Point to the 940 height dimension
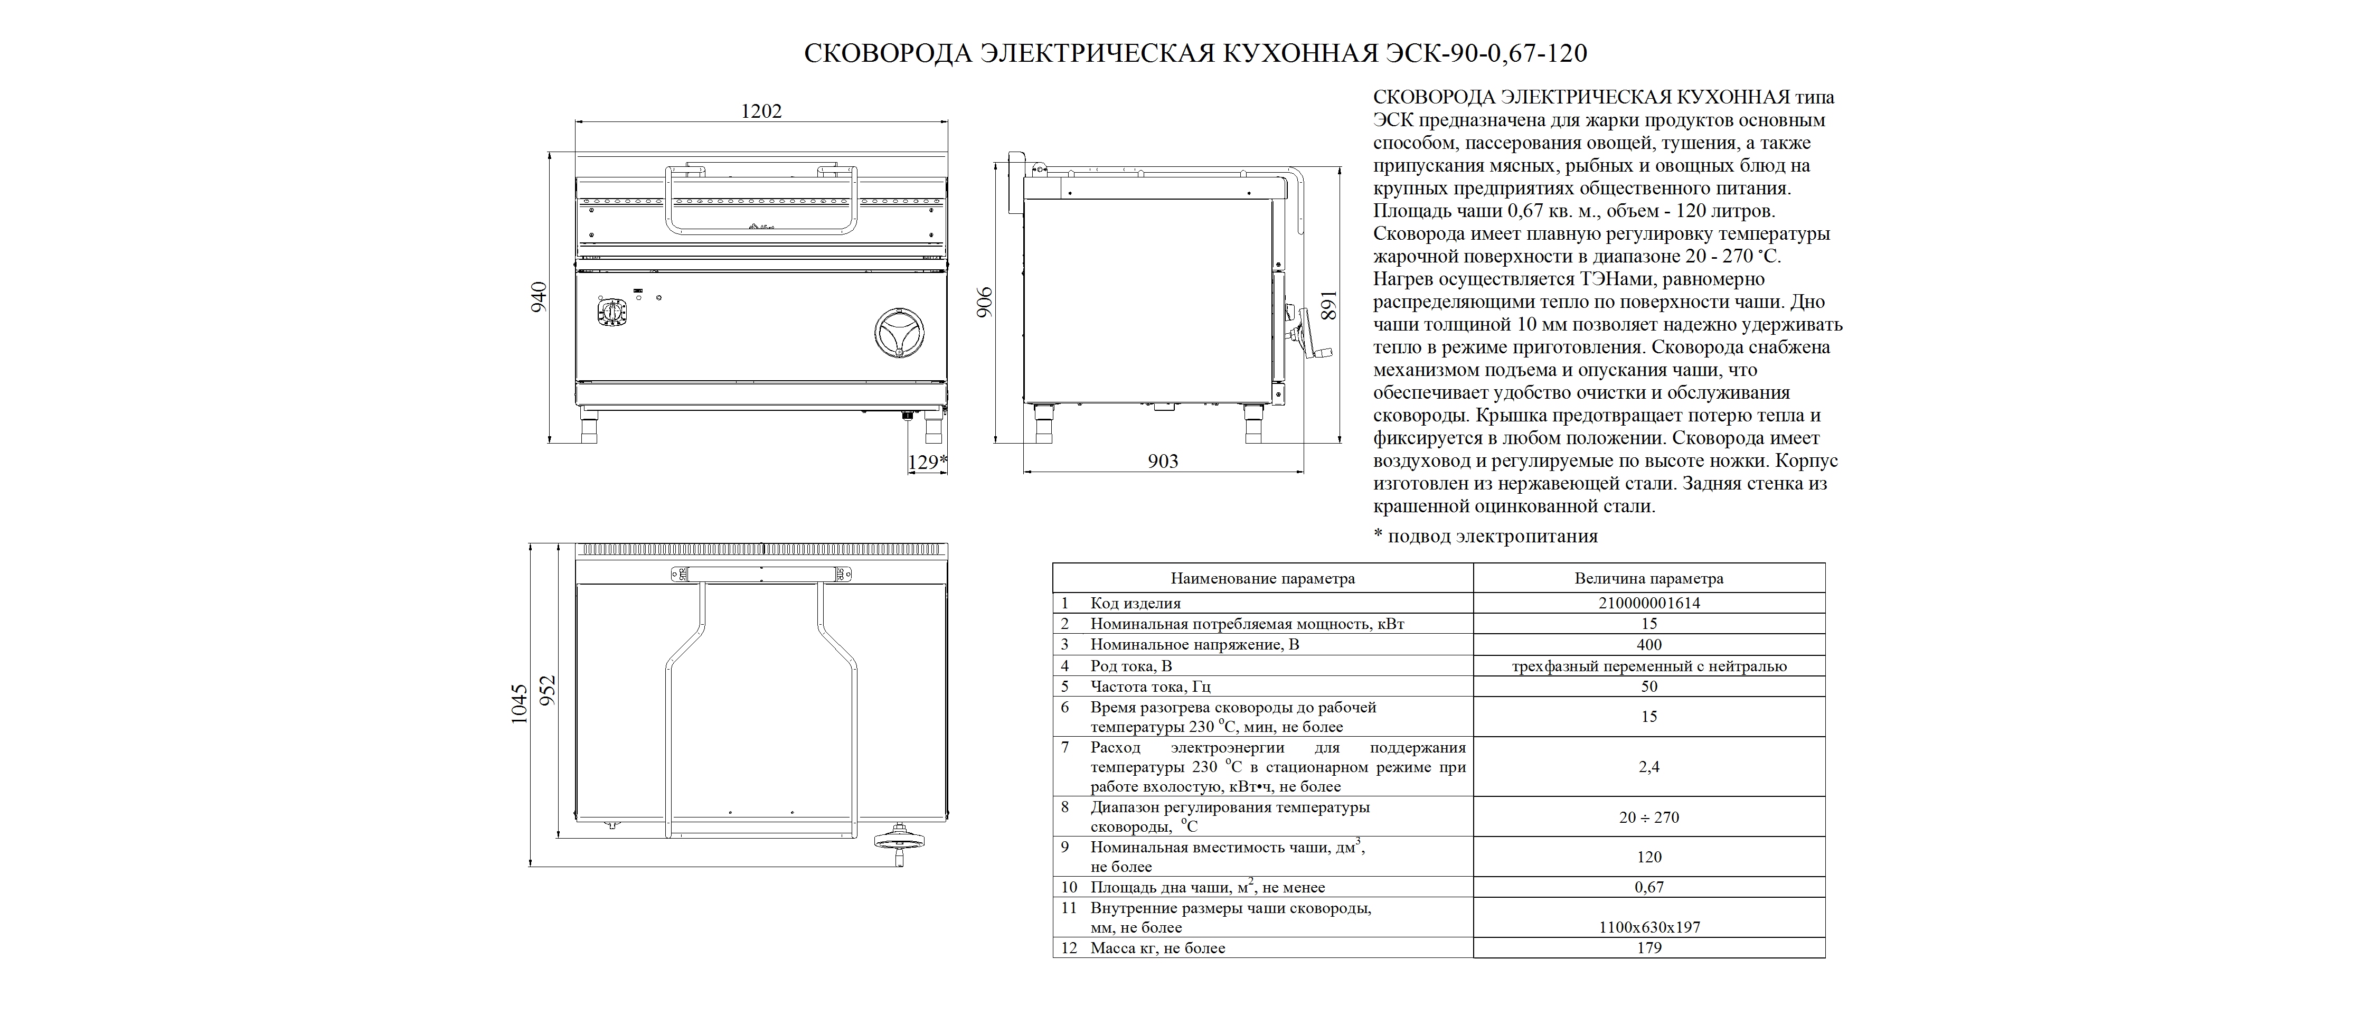click(539, 297)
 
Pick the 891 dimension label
click(1328, 305)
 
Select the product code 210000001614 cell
click(1648, 603)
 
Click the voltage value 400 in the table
click(1648, 645)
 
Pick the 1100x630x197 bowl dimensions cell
click(1648, 927)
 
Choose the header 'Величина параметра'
click(1648, 579)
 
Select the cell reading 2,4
click(1648, 766)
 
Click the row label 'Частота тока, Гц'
click(1150, 687)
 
